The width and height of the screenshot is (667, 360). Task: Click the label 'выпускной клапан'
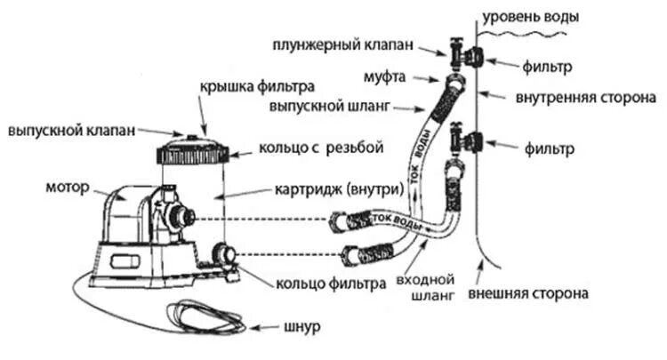[x=72, y=130]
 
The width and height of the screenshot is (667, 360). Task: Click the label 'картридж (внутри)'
[x=322, y=189]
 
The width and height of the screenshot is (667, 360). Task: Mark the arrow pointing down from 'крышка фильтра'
[x=200, y=116]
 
